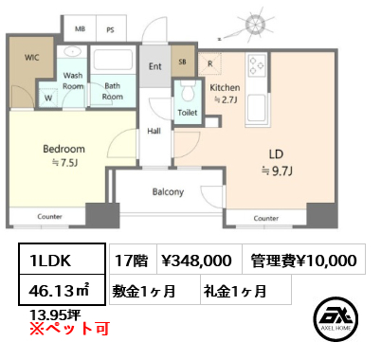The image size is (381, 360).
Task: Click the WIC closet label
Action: [32, 58]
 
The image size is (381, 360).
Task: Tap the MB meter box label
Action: [80, 29]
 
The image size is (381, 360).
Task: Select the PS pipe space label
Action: [110, 30]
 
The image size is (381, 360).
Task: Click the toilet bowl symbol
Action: [188, 92]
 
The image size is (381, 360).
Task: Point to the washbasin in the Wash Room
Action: [73, 51]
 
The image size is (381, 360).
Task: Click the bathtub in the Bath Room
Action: [113, 60]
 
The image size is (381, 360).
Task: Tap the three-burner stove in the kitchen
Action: [256, 65]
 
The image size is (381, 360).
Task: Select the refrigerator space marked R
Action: [210, 63]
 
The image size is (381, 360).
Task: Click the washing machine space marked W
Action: [48, 98]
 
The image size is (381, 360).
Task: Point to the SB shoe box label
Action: [183, 62]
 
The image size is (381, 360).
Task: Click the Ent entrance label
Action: [155, 66]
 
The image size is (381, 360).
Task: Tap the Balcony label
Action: [168, 192]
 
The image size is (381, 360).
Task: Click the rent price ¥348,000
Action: [197, 261]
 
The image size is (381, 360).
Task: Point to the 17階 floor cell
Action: [132, 261]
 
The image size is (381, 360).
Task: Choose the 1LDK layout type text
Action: [50, 261]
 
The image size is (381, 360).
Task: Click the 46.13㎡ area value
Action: [59, 291]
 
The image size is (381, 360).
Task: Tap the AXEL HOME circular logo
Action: [336, 319]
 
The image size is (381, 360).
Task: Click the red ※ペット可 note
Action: [69, 329]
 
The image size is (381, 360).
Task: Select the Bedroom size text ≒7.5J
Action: [64, 163]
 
